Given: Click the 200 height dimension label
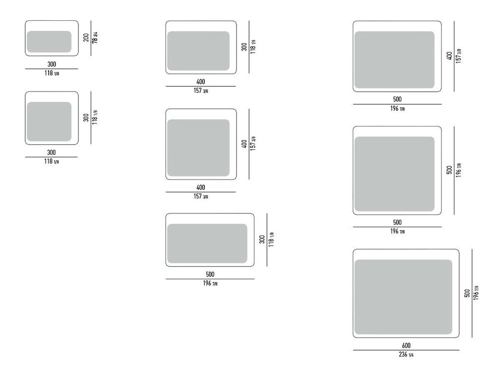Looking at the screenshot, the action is [x=86, y=38].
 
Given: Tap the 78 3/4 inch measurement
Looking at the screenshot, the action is [x=95, y=38].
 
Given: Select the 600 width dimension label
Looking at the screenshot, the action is [x=406, y=345].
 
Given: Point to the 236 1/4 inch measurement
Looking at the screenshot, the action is [x=406, y=354].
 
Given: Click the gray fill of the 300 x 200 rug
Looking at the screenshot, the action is [x=49, y=42].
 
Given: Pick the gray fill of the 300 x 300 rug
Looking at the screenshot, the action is [x=49, y=122].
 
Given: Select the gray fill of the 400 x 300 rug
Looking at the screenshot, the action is [x=198, y=51].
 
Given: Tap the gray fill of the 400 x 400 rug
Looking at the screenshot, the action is [x=198, y=148].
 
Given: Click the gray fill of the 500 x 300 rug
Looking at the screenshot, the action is [x=207, y=244].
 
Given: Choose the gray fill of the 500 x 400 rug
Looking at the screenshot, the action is [x=394, y=60].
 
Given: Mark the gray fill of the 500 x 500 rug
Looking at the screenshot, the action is [x=394, y=174].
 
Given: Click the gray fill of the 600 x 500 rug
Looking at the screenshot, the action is [x=403, y=297].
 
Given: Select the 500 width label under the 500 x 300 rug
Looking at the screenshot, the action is [x=210, y=274].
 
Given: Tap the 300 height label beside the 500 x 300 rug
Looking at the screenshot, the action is [x=262, y=240].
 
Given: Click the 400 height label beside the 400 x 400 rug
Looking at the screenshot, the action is [x=244, y=144].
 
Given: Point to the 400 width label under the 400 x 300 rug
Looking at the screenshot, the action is [x=200, y=82].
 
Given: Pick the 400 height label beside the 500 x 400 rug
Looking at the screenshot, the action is [x=449, y=57].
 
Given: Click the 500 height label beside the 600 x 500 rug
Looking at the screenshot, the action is [x=467, y=293].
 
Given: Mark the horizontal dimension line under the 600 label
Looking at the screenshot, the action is [x=406, y=350].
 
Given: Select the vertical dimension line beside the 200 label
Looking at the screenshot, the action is [x=91, y=38].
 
